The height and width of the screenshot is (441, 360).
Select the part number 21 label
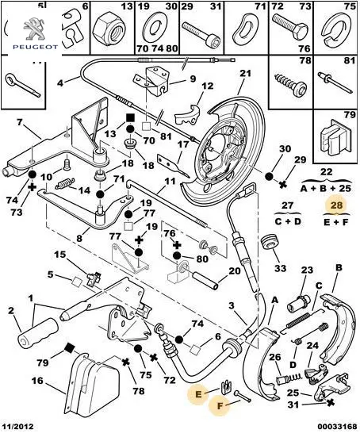(245, 74)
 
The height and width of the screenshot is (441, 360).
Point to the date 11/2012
(17, 427)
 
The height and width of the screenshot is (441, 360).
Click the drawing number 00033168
(337, 427)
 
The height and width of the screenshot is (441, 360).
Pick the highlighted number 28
(337, 205)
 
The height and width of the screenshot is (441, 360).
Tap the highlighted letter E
(198, 394)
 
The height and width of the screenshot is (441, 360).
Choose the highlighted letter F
(220, 405)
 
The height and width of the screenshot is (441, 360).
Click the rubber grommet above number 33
(270, 241)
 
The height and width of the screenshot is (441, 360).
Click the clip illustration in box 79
(335, 136)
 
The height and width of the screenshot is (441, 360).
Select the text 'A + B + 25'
(326, 188)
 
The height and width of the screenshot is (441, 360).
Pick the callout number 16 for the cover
(37, 381)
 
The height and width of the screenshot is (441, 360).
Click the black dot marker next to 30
(270, 176)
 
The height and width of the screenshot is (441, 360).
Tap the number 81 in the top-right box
(350, 60)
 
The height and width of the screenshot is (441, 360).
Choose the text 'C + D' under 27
(288, 221)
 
